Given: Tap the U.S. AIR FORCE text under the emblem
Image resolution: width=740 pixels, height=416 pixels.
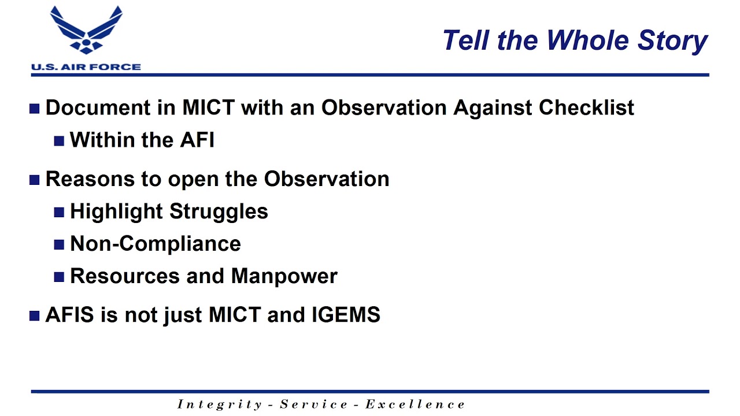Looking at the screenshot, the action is coord(86,67).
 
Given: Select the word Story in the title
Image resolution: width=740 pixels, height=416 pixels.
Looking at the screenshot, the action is coord(672,42).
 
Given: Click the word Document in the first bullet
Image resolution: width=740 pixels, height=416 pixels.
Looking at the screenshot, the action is coord(98,107).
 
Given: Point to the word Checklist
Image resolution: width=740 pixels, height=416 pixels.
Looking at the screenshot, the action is coord(586,107).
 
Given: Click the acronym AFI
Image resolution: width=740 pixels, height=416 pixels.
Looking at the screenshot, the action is coord(197,140).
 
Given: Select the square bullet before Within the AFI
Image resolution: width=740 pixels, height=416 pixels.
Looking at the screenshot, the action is coord(59,141).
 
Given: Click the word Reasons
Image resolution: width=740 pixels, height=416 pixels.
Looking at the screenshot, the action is coord(90,179).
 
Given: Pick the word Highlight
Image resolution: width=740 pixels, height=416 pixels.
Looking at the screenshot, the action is coord(116,212).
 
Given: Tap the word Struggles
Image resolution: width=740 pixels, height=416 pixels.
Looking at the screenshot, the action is coord(219,212).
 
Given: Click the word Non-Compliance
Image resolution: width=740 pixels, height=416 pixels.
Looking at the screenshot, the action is coord(156,244).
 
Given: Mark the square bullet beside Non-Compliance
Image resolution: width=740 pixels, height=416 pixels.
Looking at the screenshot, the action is coord(59,244).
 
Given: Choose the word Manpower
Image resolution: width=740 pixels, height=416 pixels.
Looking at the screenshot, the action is coord(284,277).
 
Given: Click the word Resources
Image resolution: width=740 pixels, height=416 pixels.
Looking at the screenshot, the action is coord(125,276).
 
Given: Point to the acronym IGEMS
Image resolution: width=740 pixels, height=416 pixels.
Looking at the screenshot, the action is coord(346,314).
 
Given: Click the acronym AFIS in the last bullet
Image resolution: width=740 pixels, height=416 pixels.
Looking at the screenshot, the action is coord(70,314).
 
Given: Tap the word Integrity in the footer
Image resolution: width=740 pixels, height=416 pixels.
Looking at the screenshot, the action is coord(220,405).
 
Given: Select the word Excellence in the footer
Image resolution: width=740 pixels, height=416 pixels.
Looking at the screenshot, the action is coord(415,404).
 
